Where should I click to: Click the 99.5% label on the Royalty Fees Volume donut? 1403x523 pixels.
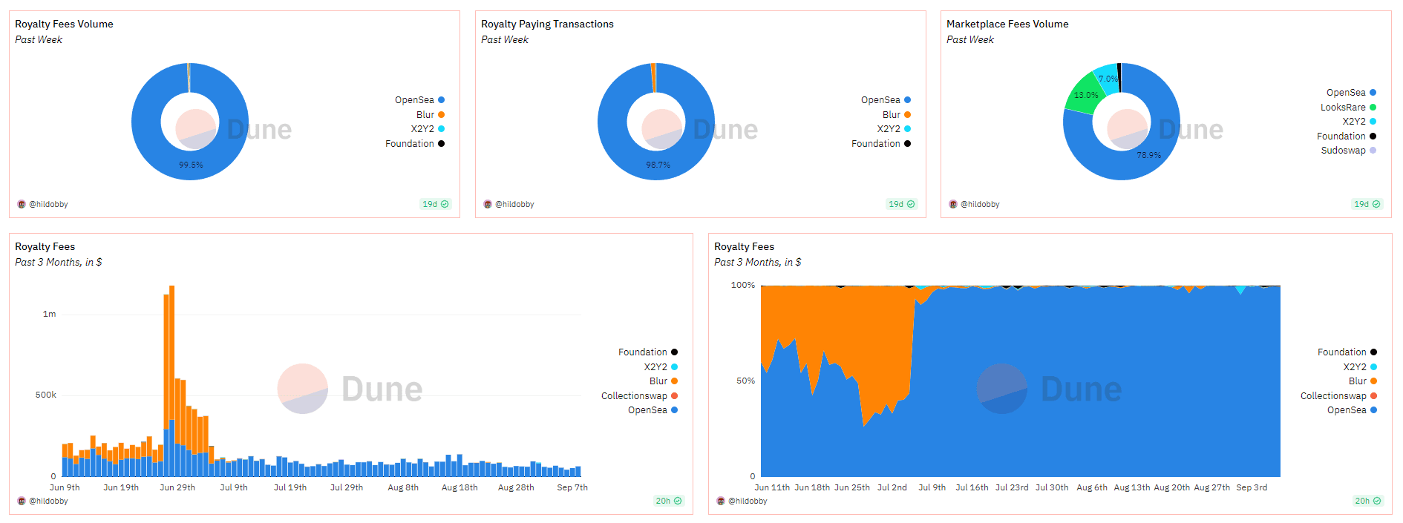[191, 165]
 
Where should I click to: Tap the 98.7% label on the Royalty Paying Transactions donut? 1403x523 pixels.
[658, 165]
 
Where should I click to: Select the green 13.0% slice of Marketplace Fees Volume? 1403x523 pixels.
[1085, 95]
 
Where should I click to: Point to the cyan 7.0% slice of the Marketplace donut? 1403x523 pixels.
[1108, 79]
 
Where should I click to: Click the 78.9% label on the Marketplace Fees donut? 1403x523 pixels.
[1148, 155]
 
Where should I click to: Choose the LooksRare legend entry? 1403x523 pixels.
[1343, 107]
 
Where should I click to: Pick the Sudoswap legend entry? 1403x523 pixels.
[1343, 151]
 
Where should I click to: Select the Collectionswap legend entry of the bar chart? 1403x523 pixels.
[634, 396]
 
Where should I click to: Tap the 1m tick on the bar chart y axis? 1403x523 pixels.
[49, 315]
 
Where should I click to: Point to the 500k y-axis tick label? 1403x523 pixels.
[46, 395]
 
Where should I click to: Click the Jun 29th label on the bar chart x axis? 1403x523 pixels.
[177, 488]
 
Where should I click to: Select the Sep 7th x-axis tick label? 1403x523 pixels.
[572, 488]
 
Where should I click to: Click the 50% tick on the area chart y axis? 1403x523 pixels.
[745, 381]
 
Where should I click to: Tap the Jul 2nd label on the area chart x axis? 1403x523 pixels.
[892, 488]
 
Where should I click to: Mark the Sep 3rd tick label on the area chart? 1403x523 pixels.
[1252, 488]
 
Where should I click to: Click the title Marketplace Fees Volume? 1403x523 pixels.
[1007, 24]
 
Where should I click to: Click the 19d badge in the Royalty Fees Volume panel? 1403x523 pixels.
[435, 204]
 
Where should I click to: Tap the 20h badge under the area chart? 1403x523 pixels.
[1367, 501]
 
